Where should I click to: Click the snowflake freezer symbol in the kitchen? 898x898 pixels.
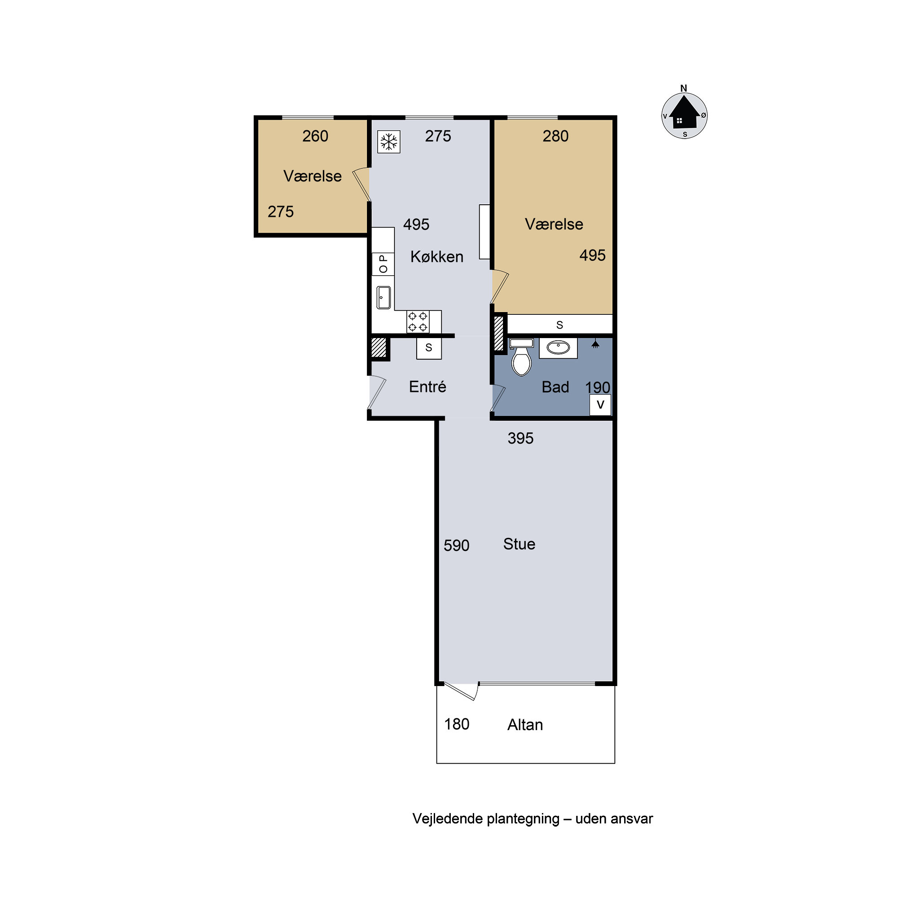pyautogui.click(x=388, y=142)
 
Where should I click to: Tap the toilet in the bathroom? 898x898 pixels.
pyautogui.click(x=521, y=357)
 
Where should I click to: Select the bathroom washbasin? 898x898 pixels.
pyautogui.click(x=558, y=348)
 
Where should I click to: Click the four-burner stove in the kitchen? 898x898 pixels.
pyautogui.click(x=418, y=321)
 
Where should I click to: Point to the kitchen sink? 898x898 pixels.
pyautogui.click(x=384, y=298)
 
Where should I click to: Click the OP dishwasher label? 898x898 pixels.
pyautogui.click(x=383, y=264)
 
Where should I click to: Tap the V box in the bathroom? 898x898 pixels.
pyautogui.click(x=600, y=405)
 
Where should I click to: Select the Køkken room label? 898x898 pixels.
pyautogui.click(x=437, y=256)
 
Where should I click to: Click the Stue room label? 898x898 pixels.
pyautogui.click(x=519, y=544)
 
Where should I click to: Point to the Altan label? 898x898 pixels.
pyautogui.click(x=525, y=725)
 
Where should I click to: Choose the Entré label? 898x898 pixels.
pyautogui.click(x=427, y=386)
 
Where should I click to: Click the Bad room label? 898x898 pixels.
pyautogui.click(x=555, y=387)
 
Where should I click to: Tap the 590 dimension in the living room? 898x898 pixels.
pyautogui.click(x=457, y=545)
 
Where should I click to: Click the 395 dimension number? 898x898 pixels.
pyautogui.click(x=520, y=438)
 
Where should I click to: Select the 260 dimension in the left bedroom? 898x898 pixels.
pyautogui.click(x=315, y=136)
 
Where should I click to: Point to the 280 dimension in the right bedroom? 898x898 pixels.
pyautogui.click(x=555, y=136)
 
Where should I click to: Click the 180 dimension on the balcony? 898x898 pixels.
pyautogui.click(x=457, y=724)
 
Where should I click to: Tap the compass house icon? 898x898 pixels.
pyautogui.click(x=684, y=113)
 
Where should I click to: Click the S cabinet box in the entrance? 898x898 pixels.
pyautogui.click(x=429, y=348)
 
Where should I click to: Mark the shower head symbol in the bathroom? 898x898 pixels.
pyautogui.click(x=595, y=344)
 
